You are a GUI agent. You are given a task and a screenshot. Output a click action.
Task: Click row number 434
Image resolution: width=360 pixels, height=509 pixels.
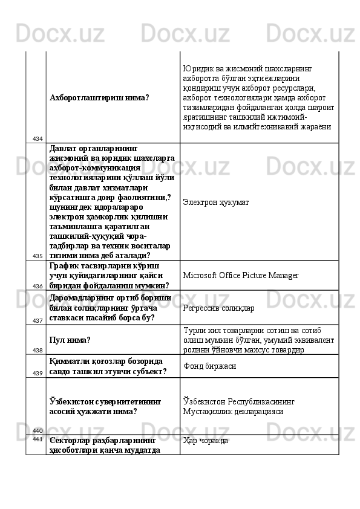coord(38,139)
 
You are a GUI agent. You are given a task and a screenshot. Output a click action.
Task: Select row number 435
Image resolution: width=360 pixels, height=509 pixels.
coord(38,256)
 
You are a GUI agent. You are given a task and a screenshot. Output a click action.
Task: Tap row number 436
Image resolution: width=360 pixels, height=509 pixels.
coord(38,286)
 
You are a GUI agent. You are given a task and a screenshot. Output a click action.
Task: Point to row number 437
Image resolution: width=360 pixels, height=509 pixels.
coord(38,320)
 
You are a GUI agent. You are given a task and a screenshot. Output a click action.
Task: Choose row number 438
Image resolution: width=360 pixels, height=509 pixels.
coord(38,350)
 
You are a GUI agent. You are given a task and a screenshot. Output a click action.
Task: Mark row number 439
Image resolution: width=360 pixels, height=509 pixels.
coord(38,374)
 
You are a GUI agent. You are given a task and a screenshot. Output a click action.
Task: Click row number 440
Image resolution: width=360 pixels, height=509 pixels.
coord(38,430)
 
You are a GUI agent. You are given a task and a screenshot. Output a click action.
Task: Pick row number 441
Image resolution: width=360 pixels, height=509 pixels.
coord(38,439)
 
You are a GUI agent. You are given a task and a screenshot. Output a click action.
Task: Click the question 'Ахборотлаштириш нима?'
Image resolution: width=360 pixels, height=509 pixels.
coord(100,97)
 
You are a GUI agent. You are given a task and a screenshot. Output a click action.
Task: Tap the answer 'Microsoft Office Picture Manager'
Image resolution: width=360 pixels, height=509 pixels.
coord(240,276)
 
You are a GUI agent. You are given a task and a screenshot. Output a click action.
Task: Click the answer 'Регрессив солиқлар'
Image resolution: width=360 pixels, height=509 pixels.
coord(218,308)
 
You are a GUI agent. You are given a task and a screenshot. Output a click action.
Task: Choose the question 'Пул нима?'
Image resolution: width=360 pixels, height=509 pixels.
coord(71,340)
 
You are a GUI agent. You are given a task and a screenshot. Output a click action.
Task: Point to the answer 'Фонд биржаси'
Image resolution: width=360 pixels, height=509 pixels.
coord(209,366)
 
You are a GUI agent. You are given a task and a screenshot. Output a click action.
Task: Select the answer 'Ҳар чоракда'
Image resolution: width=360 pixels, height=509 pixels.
coord(205,441)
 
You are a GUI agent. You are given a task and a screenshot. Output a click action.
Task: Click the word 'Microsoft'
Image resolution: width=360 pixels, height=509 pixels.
coord(200,276)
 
